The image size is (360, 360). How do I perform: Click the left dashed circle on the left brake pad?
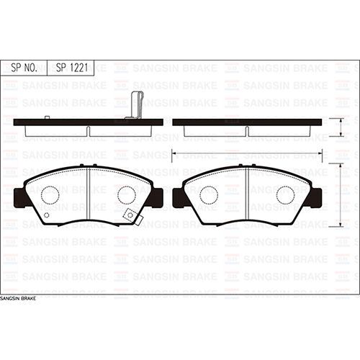[50, 194]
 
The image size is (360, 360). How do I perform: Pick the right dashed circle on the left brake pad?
[127, 194]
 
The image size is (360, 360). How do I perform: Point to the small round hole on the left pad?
[47, 215]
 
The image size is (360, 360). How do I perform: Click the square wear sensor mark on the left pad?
[130, 215]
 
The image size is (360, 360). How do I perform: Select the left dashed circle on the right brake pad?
[209, 194]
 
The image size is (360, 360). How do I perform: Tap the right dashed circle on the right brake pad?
[286, 194]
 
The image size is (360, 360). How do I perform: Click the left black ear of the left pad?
[19, 197]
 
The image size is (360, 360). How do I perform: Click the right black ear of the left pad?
[157, 197]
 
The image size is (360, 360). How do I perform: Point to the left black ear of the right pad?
[179, 197]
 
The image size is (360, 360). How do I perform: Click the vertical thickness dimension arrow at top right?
[341, 127]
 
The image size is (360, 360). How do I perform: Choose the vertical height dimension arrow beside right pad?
[341, 196]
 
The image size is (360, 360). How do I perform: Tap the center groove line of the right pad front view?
[247, 194]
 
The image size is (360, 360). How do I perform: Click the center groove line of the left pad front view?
[88, 194]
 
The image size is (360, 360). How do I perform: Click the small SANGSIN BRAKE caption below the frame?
[17, 297]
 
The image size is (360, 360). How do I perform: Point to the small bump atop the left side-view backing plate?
[47, 117]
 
